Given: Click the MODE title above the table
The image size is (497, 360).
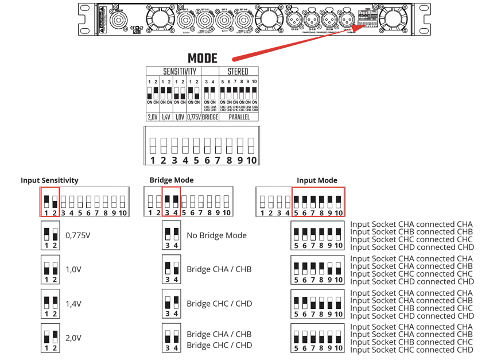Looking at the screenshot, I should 203,59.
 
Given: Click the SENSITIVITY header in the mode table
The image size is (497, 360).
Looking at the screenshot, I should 180,72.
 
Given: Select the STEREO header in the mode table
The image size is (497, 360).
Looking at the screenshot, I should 238,72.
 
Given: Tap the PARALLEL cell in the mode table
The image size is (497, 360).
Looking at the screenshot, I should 238,117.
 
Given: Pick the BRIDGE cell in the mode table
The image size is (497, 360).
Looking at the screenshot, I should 209,117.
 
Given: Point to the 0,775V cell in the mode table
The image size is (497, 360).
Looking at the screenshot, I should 194,117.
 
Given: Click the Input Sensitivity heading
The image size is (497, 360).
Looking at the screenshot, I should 49,180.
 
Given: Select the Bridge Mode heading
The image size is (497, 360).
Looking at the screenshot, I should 172,180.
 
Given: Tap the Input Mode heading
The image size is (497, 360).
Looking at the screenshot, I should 317,180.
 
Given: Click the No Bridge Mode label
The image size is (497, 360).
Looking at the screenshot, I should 216,235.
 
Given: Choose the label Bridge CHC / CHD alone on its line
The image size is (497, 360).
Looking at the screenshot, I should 219,304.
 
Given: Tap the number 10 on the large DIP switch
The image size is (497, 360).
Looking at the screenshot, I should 251,160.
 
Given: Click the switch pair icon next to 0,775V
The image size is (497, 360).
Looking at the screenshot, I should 51,235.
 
